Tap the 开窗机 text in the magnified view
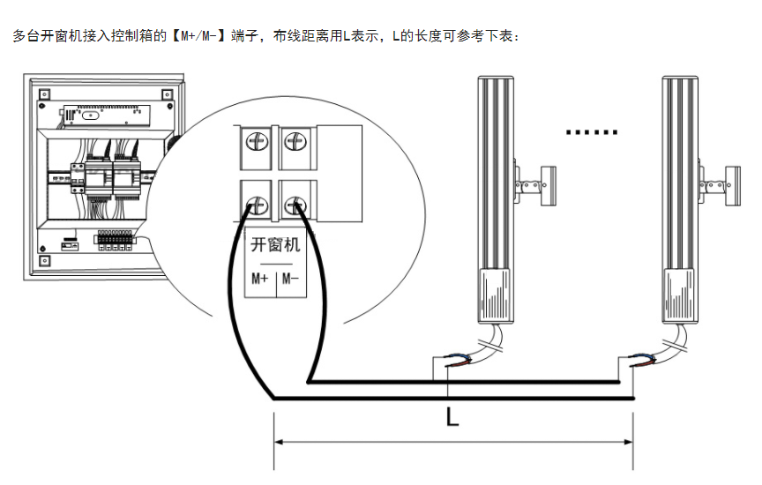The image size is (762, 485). point(275,244)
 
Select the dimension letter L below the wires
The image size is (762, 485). point(452,416)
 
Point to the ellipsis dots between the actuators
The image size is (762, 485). point(591,133)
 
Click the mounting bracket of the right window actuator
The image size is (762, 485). point(720,185)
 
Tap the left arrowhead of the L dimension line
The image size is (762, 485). point(279,441)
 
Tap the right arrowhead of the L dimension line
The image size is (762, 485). point(629,441)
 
